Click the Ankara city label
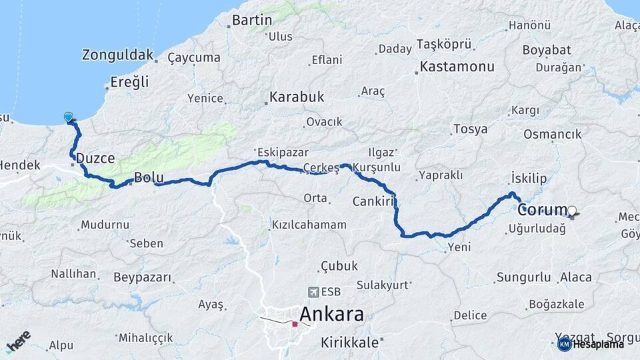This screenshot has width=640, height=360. tap(331, 314)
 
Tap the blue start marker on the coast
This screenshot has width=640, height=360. tap(69, 117)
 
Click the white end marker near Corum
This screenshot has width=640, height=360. tap(571, 211)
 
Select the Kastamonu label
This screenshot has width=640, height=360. tap(457, 67)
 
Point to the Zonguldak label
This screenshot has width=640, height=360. tap(117, 55)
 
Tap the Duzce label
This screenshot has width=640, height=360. tap(95, 158)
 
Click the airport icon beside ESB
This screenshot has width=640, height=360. tap(313, 292)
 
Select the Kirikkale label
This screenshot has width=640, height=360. tap(349, 343)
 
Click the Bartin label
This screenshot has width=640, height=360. tap(251, 20)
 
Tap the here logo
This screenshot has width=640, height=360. tap(18, 341)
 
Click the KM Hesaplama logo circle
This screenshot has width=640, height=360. tap(564, 344)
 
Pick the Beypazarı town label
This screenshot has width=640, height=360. tap(142, 277)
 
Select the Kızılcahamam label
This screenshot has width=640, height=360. tap(309, 225)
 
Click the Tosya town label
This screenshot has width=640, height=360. tap(470, 129)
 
